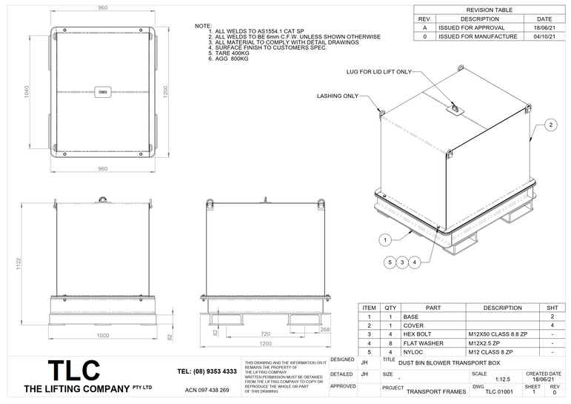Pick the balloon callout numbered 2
551,125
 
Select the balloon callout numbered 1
385,239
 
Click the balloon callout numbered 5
389,262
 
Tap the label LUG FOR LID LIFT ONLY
378,72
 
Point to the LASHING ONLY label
337,96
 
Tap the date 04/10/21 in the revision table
544,36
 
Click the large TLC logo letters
73,371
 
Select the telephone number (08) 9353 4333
207,371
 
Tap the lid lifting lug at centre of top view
102,93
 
